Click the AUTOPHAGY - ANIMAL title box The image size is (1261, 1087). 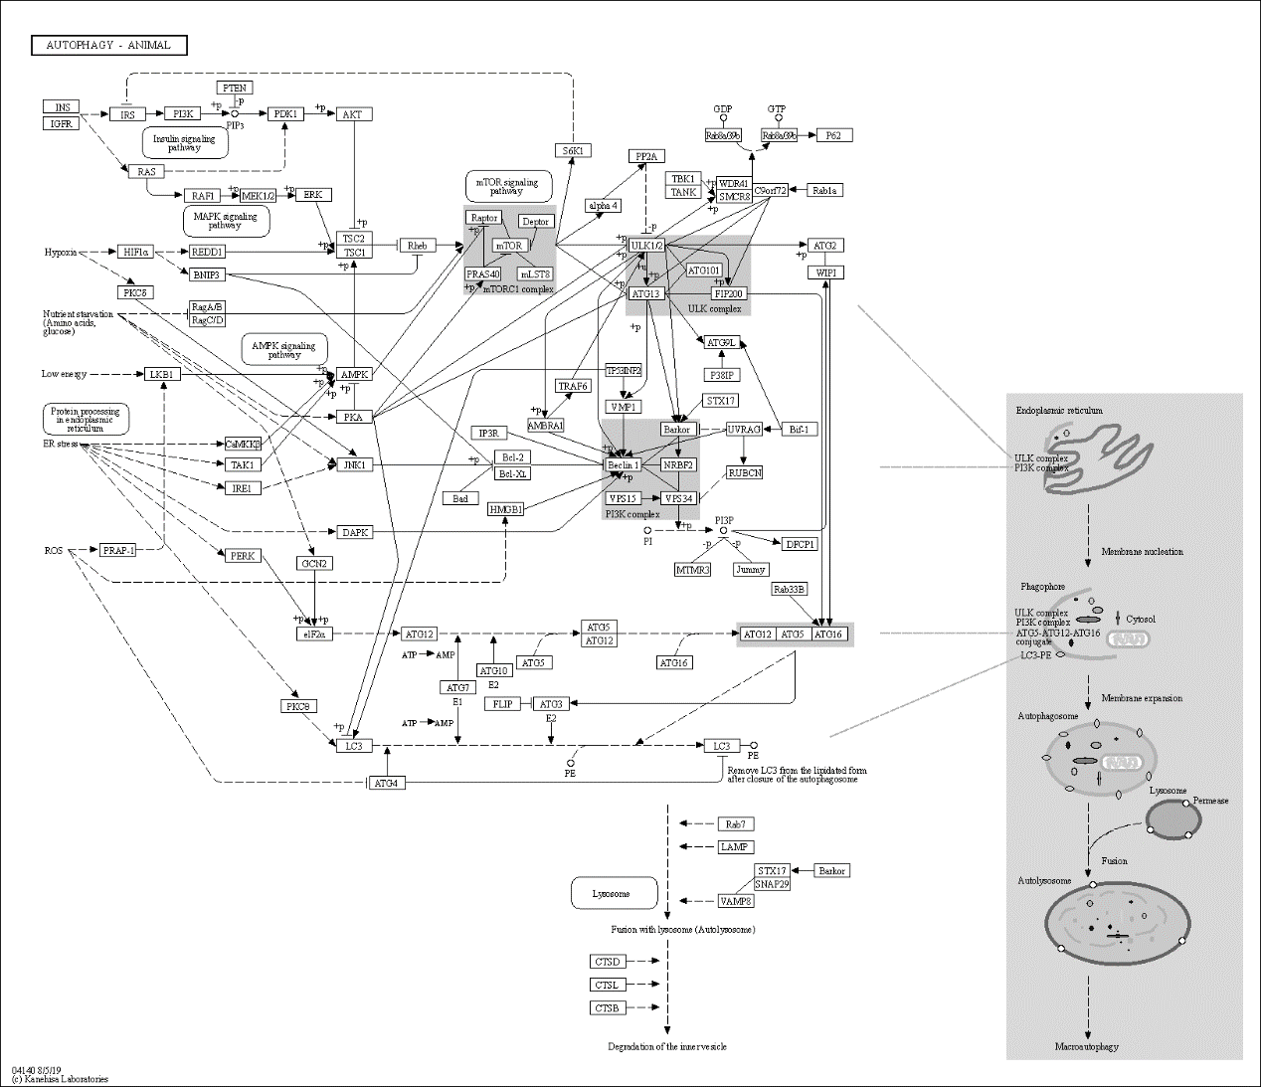click(109, 45)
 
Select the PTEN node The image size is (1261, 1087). click(235, 88)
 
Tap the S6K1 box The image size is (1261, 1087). click(573, 150)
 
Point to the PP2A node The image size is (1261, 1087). click(646, 156)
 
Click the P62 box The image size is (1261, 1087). click(833, 135)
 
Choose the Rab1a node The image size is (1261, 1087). click(824, 190)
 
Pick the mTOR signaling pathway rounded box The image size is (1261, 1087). click(508, 186)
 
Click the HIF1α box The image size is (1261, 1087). click(135, 252)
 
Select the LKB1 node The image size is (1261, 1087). click(162, 374)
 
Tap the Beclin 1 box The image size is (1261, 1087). click(623, 464)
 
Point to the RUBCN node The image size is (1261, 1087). click(744, 472)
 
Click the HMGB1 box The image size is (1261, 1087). click(505, 509)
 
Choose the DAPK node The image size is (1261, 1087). click(355, 532)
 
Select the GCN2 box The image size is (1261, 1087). click(314, 563)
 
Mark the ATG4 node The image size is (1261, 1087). click(386, 783)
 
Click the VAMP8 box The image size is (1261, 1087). click(736, 901)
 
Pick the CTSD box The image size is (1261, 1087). click(607, 962)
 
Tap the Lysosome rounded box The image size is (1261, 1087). click(614, 893)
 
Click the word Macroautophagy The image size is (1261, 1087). click(1087, 1046)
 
